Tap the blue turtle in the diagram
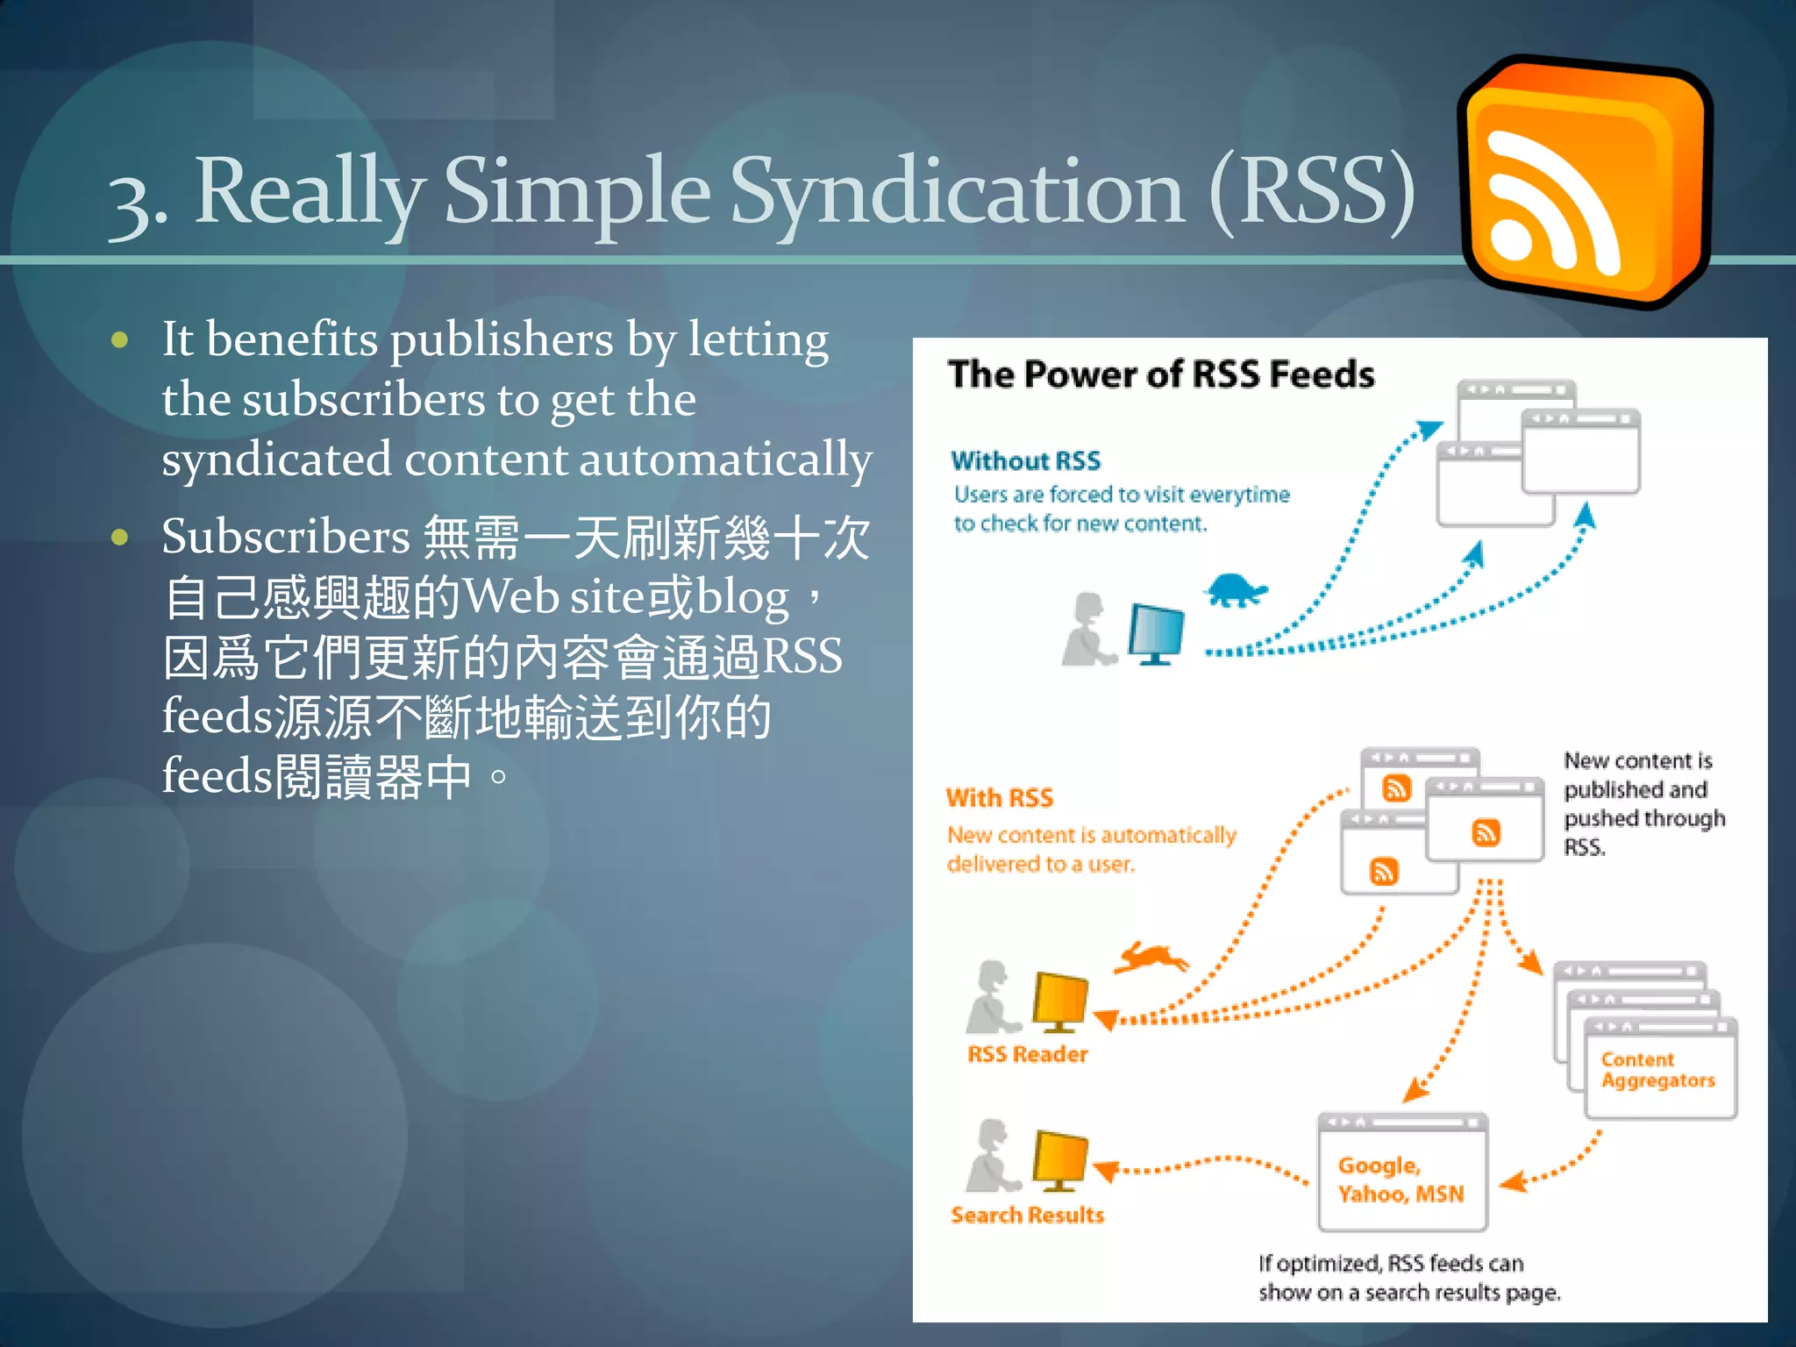(1237, 589)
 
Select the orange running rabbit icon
(1150, 958)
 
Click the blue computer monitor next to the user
(1157, 633)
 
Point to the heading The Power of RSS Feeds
(1160, 374)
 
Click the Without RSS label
(1025, 460)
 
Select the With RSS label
(999, 797)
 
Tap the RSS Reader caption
(1027, 1053)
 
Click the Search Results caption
(1027, 1215)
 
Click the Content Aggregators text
(1657, 1070)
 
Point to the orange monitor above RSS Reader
(1059, 1001)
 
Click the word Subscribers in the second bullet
(285, 537)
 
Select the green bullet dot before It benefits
(120, 340)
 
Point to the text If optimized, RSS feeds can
(1390, 1263)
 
